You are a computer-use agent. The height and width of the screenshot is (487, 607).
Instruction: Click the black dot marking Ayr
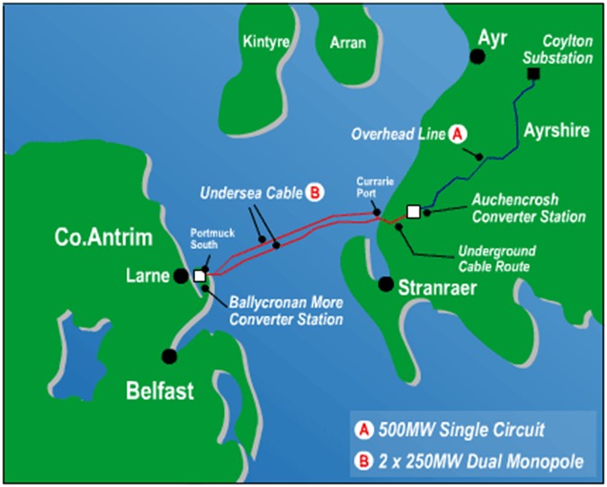click(478, 57)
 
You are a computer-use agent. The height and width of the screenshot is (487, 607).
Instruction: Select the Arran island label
click(348, 41)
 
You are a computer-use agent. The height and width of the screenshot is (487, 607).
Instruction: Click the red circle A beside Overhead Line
click(457, 134)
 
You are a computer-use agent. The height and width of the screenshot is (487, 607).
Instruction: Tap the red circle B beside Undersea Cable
click(316, 191)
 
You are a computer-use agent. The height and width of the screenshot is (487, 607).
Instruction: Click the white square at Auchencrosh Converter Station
click(414, 211)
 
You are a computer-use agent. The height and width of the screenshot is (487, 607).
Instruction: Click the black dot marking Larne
click(182, 276)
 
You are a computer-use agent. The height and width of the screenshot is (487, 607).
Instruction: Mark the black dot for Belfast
click(169, 356)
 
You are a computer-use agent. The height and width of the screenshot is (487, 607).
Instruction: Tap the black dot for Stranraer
click(386, 285)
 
